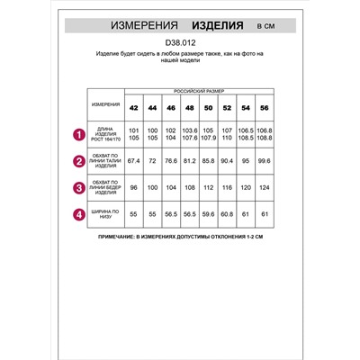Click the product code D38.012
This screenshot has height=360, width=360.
point(181,41)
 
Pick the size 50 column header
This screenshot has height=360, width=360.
point(208,108)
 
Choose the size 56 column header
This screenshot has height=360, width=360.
point(265,108)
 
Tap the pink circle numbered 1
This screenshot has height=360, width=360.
point(78,136)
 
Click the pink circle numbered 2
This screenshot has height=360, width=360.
point(78,162)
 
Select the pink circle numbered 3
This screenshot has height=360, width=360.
point(78,188)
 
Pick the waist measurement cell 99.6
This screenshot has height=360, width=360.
point(265,162)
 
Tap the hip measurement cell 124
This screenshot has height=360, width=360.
point(265,188)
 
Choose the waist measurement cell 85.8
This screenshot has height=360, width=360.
point(208,162)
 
